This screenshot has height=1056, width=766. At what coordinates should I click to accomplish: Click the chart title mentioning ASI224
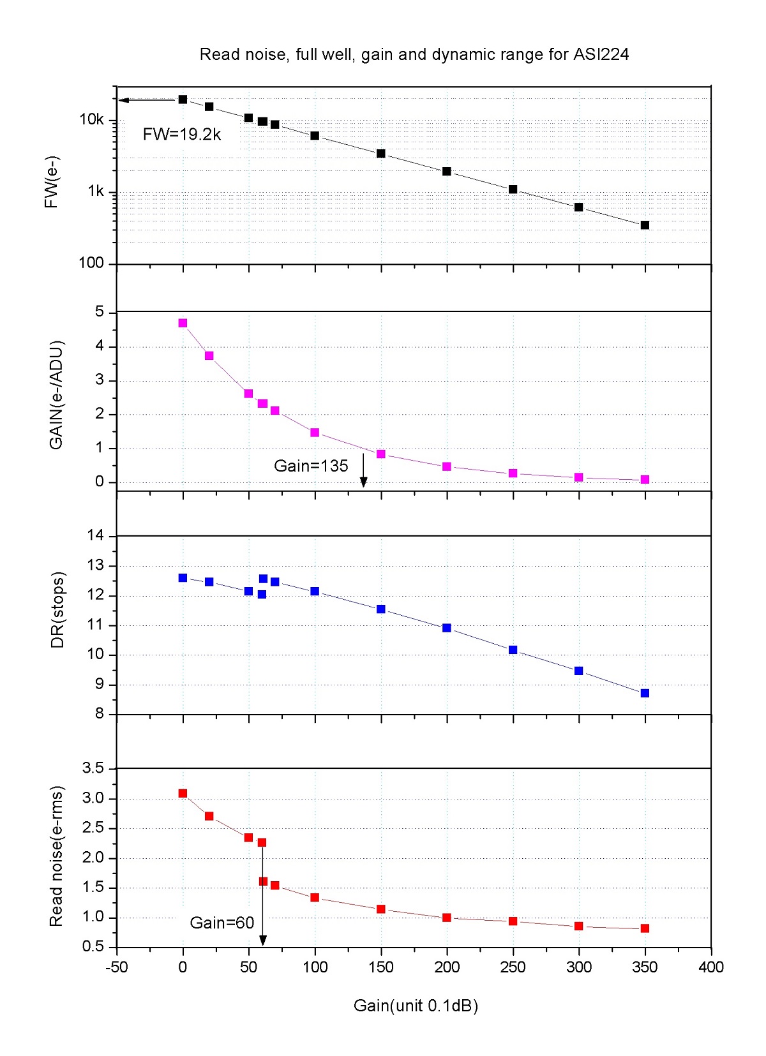[414, 55]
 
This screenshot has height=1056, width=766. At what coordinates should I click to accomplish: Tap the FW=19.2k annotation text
[182, 134]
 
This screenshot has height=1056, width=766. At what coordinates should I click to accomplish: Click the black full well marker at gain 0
[183, 100]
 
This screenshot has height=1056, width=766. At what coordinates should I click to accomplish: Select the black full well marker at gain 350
[645, 225]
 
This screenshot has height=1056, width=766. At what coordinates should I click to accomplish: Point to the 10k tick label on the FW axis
[91, 120]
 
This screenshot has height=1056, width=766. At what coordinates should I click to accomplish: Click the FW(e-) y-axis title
[52, 182]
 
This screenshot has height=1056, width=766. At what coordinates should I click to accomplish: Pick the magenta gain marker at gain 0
[183, 323]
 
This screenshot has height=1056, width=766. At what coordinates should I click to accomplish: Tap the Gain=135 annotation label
[311, 466]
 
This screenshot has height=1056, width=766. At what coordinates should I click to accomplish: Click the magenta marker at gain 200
[447, 467]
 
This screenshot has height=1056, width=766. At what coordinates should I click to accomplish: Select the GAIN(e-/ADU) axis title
[56, 396]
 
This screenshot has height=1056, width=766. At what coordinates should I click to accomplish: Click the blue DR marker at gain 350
[645, 693]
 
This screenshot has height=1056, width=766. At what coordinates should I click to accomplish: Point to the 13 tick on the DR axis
[95, 565]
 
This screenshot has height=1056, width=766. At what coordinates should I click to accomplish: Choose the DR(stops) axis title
[57, 610]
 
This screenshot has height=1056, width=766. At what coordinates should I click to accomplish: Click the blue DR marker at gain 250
[513, 650]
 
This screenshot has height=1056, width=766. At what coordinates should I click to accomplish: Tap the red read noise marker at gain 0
[183, 793]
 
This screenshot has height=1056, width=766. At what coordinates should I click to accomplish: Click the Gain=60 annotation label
[222, 923]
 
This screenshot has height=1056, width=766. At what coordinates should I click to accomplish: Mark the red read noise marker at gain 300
[578, 926]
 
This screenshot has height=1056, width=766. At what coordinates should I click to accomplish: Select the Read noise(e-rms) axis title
[56, 856]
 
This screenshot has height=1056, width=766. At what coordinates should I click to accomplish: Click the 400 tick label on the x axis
[711, 967]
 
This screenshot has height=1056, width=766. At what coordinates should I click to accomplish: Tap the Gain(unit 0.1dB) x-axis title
[416, 1006]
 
